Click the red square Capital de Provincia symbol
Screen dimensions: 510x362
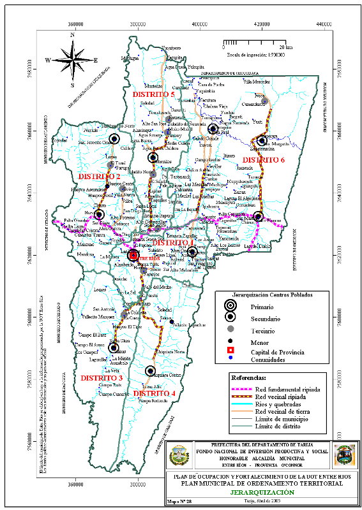pos(231,351)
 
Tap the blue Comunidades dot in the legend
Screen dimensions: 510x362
pos(231,358)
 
